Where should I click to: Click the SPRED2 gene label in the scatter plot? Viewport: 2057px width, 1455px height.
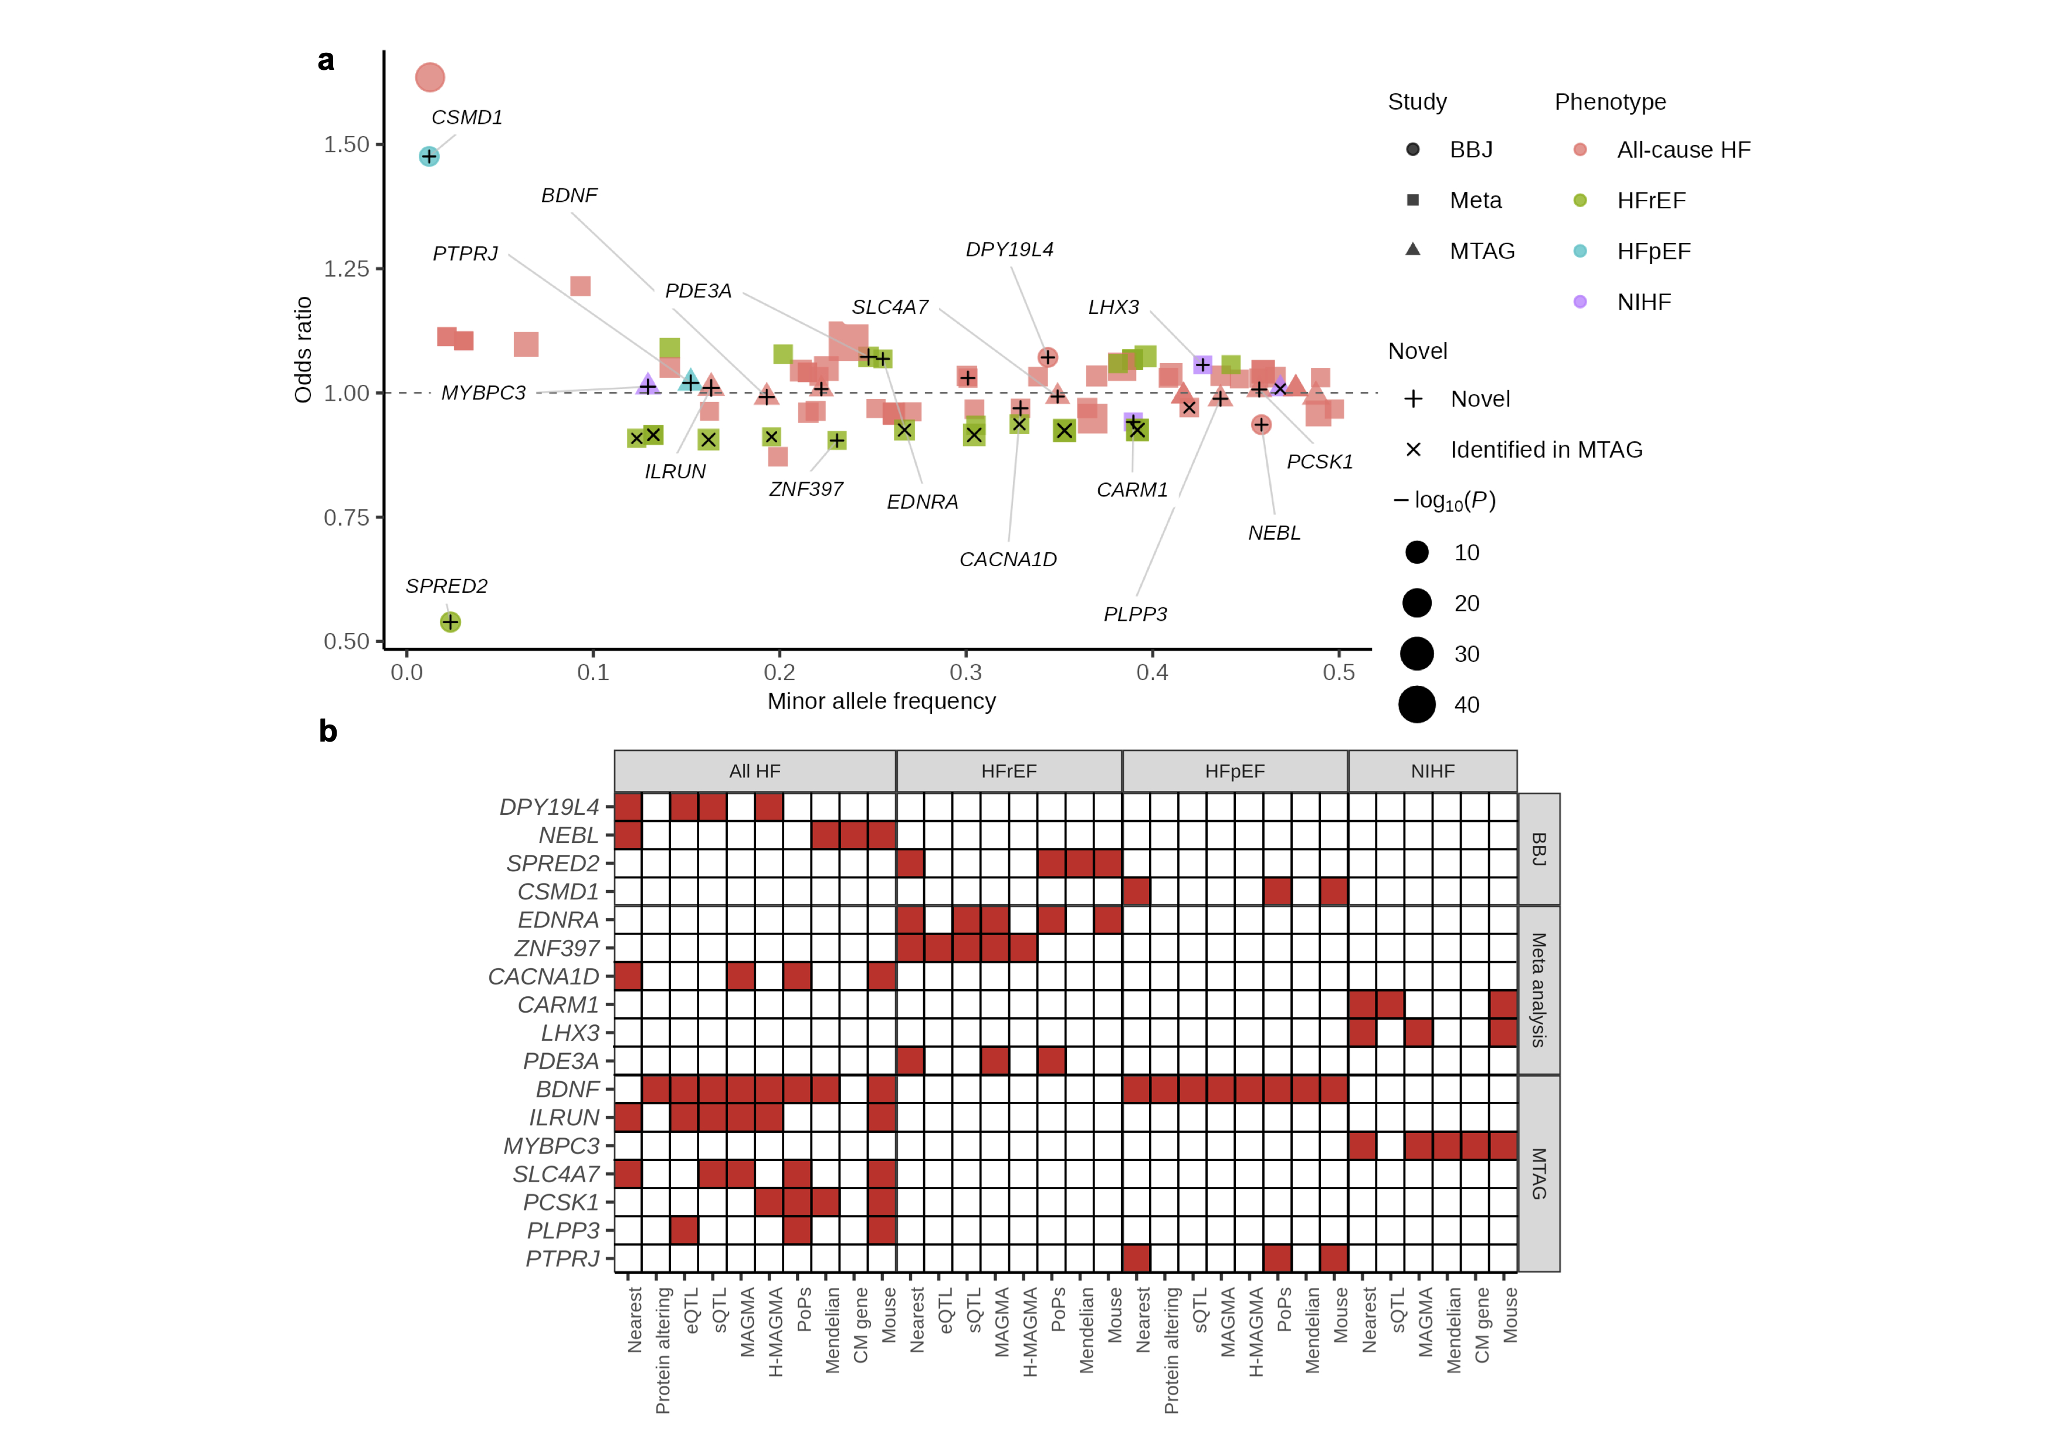(x=446, y=586)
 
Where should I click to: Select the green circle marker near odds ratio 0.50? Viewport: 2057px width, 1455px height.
(x=450, y=622)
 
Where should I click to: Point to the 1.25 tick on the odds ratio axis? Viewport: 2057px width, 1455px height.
(x=346, y=269)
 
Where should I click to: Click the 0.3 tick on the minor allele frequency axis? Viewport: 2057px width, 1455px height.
(x=966, y=672)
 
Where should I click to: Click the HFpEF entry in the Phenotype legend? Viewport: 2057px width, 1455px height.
(x=1653, y=252)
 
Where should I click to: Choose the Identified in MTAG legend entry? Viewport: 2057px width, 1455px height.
(x=1546, y=450)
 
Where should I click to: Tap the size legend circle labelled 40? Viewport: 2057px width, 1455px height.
(x=1417, y=705)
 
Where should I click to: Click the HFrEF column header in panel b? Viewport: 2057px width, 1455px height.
(x=1009, y=772)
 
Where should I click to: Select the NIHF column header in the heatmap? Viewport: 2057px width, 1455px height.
(x=1432, y=772)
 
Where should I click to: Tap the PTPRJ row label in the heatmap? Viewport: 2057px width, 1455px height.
(x=562, y=1259)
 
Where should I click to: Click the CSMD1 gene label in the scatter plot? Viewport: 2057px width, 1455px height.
(x=467, y=117)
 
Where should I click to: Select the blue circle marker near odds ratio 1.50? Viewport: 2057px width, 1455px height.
(x=429, y=157)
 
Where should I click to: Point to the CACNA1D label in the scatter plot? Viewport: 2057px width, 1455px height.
(x=1008, y=560)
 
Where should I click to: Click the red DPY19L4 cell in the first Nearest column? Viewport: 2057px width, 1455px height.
(x=628, y=807)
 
